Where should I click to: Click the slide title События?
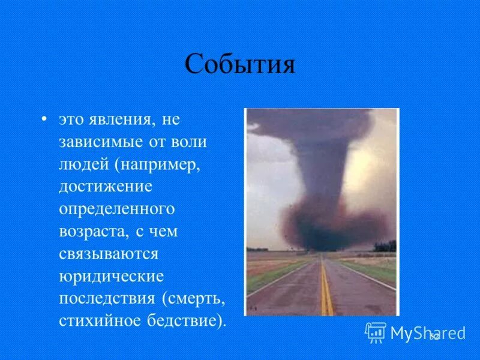[x=239, y=64]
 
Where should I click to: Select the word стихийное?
[x=99, y=320]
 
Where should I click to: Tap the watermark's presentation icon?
[x=376, y=332]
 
